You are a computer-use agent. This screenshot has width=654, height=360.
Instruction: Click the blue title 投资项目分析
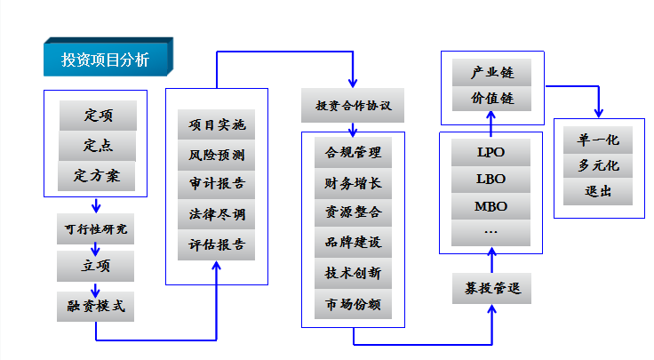coord(107,60)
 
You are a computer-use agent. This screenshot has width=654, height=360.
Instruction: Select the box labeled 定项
coord(98,116)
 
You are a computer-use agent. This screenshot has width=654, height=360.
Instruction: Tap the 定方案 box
coord(98,175)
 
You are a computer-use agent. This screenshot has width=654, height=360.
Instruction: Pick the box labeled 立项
coord(95,264)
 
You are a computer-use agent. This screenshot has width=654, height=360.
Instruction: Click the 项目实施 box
coord(217,125)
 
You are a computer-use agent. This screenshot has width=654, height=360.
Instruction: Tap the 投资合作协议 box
coord(353,106)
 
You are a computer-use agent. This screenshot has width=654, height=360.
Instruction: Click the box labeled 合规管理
coord(353,153)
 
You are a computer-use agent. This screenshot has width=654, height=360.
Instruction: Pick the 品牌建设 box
coord(353,243)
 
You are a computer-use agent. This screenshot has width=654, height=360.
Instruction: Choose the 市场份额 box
coord(353,304)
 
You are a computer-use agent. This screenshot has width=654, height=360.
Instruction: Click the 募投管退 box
coord(492,289)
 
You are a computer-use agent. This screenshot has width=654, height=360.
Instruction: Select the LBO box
coord(491,179)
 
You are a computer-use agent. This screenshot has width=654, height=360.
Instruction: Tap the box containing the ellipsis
coord(491,231)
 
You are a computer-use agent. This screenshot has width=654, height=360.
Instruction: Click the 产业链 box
coord(493,71)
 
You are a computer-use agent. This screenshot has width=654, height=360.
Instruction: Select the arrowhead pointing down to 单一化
coord(599,112)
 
